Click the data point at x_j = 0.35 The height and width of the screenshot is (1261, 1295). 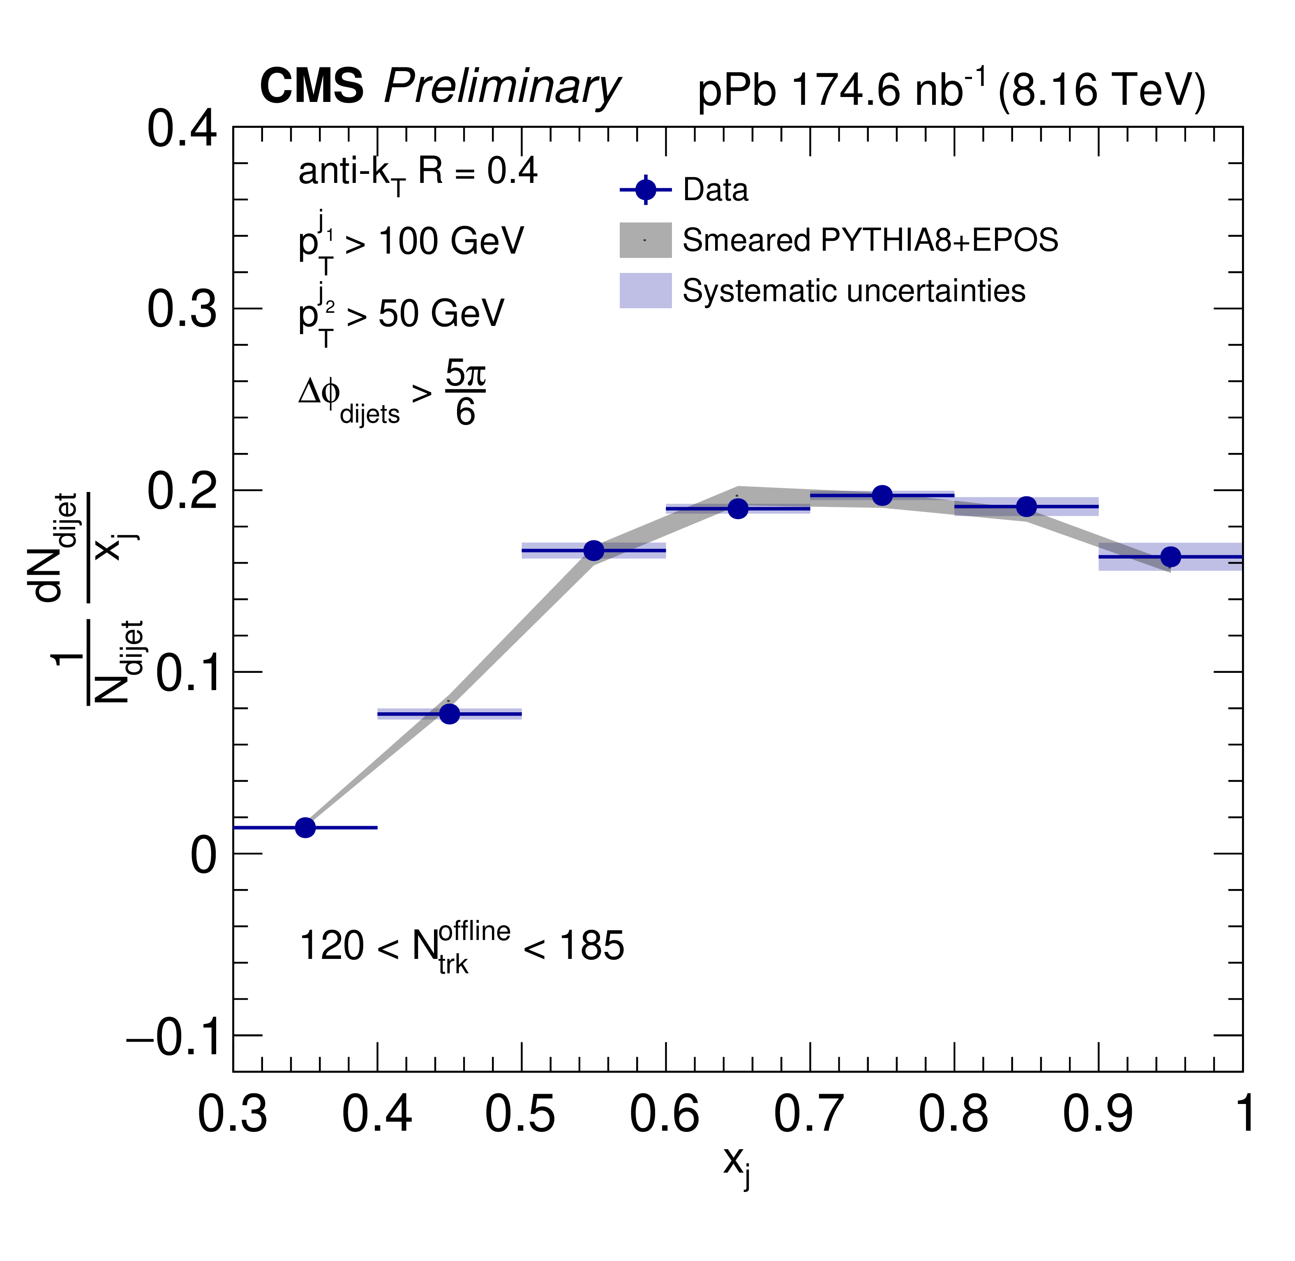[x=305, y=827]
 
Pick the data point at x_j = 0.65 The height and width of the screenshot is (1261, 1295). [x=738, y=509]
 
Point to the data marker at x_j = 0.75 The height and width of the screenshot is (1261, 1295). [x=882, y=495]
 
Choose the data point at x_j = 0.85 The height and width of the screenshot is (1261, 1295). [x=1026, y=507]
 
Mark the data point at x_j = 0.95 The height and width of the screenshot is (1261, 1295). [x=1170, y=557]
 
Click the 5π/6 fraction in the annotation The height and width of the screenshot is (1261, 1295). [x=465, y=393]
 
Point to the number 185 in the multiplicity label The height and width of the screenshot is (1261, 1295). [x=592, y=946]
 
